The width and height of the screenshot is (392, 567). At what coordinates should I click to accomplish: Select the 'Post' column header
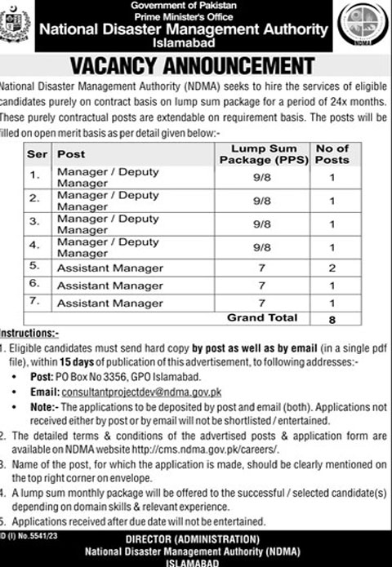click(70, 153)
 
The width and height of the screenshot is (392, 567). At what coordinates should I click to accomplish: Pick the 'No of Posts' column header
click(332, 153)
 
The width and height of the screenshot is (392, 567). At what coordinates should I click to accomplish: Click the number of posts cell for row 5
click(332, 266)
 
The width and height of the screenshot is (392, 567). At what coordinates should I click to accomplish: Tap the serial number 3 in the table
click(34, 220)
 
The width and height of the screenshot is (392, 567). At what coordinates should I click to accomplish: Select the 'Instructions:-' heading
click(29, 334)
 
